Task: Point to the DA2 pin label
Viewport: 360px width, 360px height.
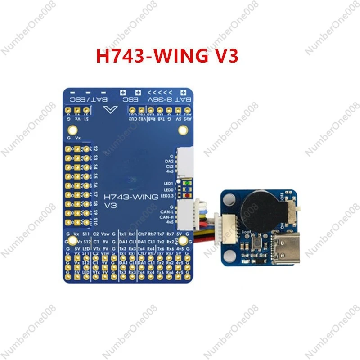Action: coord(169,161)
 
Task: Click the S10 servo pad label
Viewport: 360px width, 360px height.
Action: coord(95,221)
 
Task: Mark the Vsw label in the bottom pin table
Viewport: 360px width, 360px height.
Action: coord(105,234)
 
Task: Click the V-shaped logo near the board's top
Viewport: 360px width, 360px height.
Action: coord(109,111)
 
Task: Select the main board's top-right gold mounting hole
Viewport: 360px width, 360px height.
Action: coord(182,130)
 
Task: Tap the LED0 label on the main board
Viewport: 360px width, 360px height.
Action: coord(169,190)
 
